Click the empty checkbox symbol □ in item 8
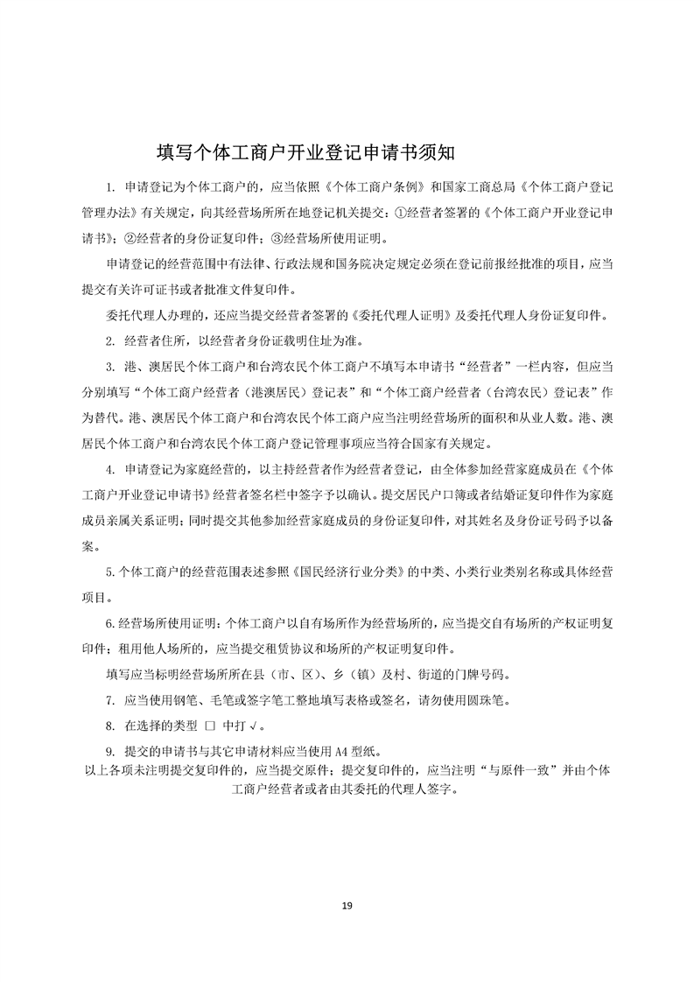209,726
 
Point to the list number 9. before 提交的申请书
111,751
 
